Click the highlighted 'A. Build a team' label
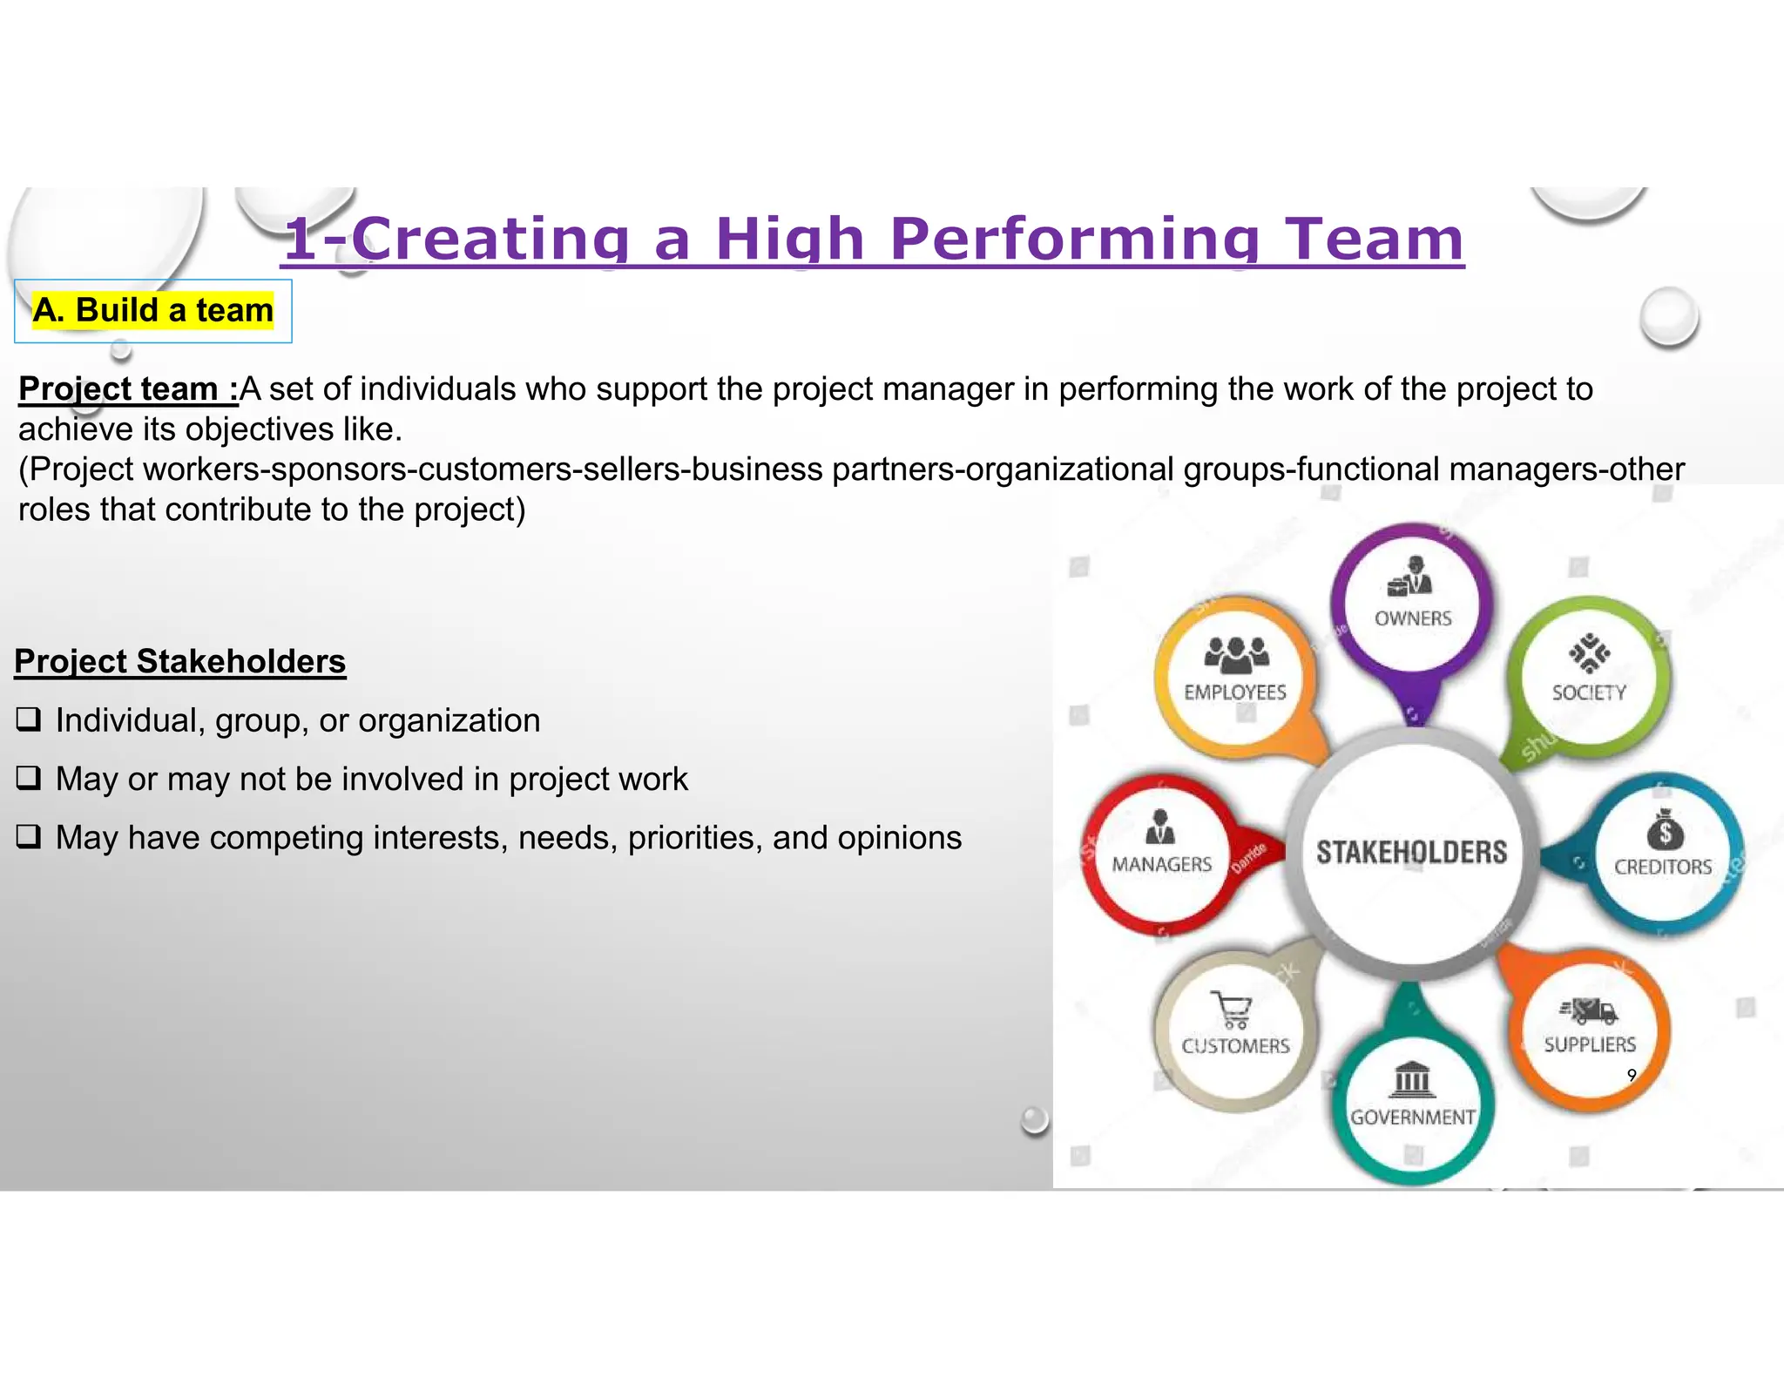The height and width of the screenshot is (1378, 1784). pos(153,310)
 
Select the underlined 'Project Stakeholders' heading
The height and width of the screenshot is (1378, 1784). pos(180,661)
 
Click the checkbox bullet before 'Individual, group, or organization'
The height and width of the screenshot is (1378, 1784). pos(29,719)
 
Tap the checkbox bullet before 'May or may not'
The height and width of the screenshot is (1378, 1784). pos(29,778)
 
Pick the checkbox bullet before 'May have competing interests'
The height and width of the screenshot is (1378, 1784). pos(29,836)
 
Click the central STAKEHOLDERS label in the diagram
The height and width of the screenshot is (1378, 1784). pos(1411,852)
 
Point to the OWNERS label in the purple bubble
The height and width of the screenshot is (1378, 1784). pos(1413,618)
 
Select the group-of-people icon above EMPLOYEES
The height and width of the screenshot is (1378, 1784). pos(1236,655)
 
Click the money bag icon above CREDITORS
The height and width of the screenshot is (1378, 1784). pos(1665,829)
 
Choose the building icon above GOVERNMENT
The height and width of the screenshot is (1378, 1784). pos(1412,1080)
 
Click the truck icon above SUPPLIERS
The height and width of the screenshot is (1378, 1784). pos(1589,1010)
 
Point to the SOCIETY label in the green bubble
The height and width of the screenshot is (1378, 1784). pos(1589,692)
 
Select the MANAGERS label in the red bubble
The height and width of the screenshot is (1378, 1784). pos(1161,864)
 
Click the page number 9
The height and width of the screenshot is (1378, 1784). pos(1632,1075)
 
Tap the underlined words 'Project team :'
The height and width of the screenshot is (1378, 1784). pos(127,389)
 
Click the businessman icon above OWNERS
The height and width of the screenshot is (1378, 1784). pos(1411,577)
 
